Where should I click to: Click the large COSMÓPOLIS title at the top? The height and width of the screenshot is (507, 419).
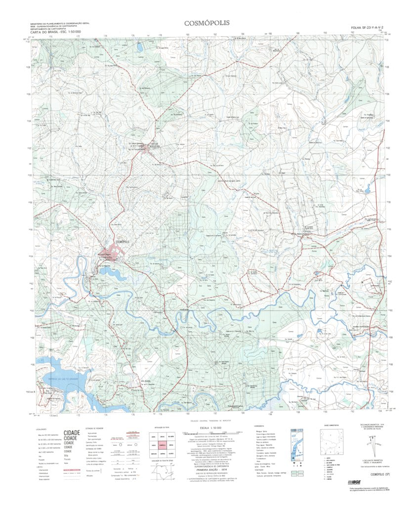[x=207, y=23]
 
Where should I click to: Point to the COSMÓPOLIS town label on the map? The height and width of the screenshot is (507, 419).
[x=121, y=241]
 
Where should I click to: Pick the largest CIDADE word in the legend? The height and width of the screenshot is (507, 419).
[x=72, y=433]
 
